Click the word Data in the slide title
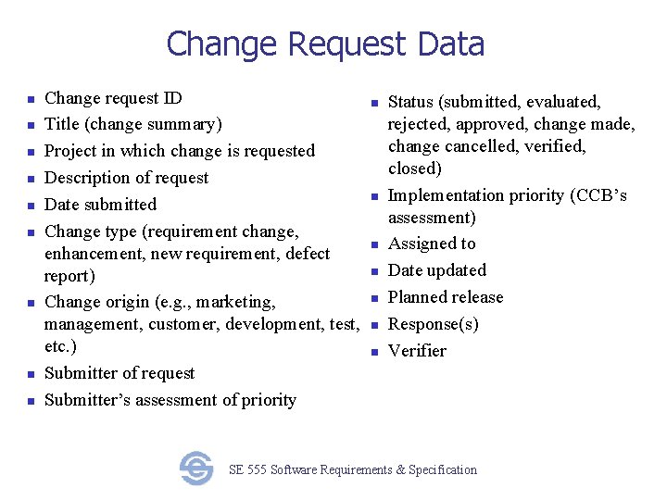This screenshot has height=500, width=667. coord(451,44)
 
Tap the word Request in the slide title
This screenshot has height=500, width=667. coord(346,44)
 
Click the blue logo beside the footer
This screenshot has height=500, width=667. coord(196,469)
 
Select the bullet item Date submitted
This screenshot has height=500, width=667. coord(100,205)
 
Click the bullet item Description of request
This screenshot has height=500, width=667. coord(126,178)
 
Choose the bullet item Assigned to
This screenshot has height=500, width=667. coord(432,244)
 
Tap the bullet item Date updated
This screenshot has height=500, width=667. coord(436,270)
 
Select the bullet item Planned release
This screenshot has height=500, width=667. coord(446,297)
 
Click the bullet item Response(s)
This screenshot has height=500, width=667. coord(433,324)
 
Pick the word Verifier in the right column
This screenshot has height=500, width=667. coord(417,351)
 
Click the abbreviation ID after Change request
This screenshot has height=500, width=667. coord(173,98)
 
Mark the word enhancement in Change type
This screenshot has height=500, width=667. coord(93,254)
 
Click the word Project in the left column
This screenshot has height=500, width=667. coord(72,151)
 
